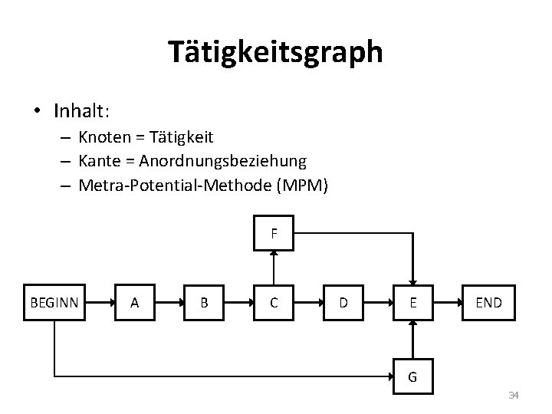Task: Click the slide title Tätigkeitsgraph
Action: pyautogui.click(x=275, y=52)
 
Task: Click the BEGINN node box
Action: pyautogui.click(x=54, y=302)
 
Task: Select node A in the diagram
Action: pyautogui.click(x=135, y=302)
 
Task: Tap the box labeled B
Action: pyautogui.click(x=204, y=302)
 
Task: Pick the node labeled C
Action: pyautogui.click(x=274, y=302)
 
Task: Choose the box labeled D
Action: pyautogui.click(x=343, y=302)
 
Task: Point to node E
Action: pyautogui.click(x=413, y=302)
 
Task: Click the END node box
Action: pyautogui.click(x=488, y=302)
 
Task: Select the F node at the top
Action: pyautogui.click(x=274, y=232)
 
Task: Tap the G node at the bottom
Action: pyautogui.click(x=413, y=376)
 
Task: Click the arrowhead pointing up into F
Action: pyautogui.click(x=274, y=256)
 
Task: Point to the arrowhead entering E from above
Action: pyautogui.click(x=413, y=280)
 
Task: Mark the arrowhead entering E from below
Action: pyautogui.click(x=413, y=325)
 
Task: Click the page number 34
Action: pyautogui.click(x=514, y=396)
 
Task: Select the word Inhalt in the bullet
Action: pyautogui.click(x=80, y=111)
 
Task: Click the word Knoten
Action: pyautogui.click(x=102, y=137)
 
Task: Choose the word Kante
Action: pyautogui.click(x=97, y=161)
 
